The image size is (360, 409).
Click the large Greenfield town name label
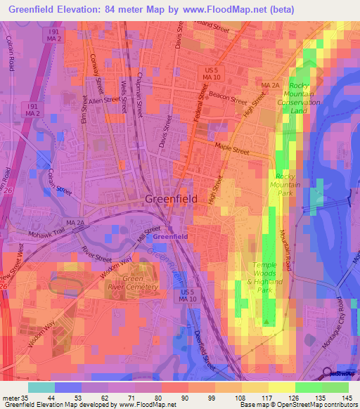click(171, 199)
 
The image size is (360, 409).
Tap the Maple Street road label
click(232, 149)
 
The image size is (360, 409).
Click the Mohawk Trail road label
click(46, 233)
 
